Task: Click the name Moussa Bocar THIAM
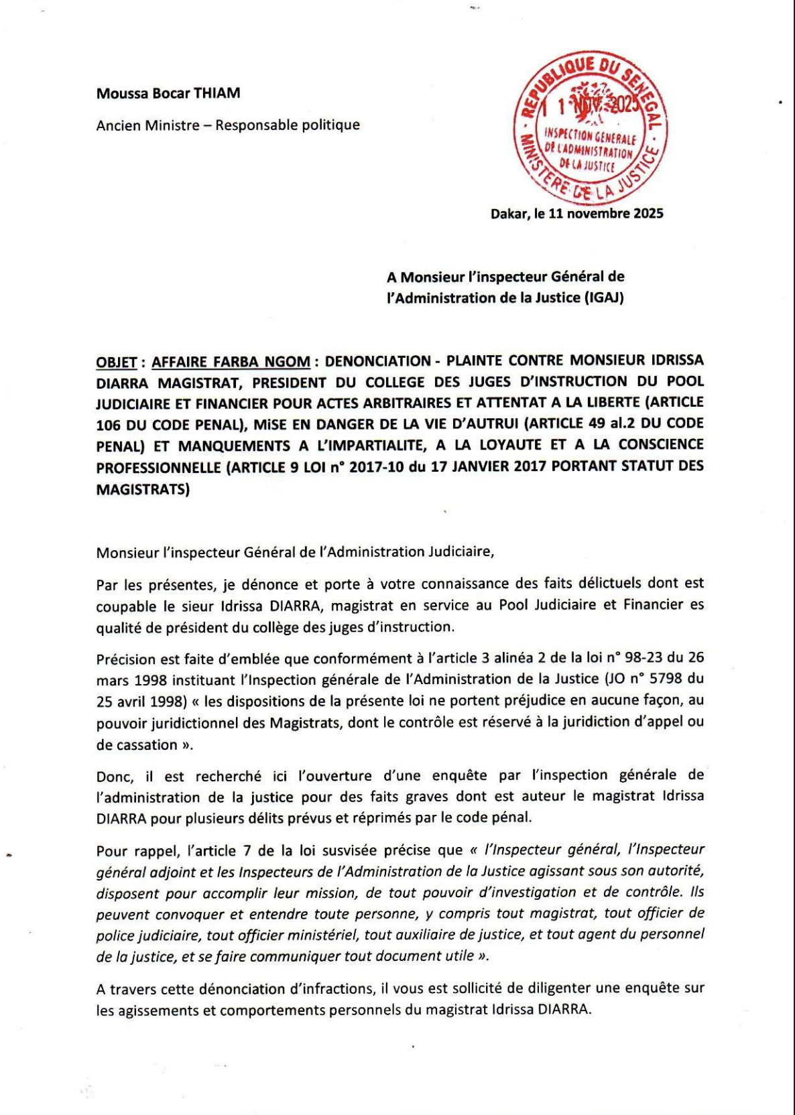click(x=168, y=93)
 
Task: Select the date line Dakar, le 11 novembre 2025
click(x=576, y=214)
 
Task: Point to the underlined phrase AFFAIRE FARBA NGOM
click(x=231, y=363)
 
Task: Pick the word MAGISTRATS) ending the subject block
click(x=142, y=490)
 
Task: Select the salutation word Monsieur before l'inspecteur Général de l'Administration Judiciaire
click(x=126, y=553)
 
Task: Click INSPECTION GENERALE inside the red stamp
click(x=589, y=137)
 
